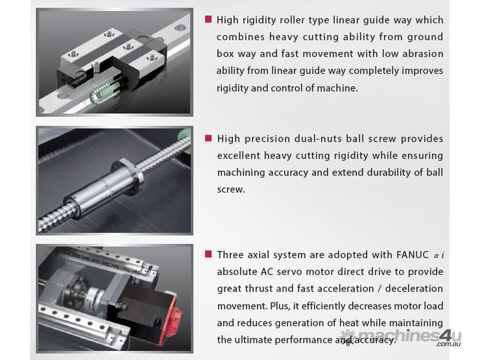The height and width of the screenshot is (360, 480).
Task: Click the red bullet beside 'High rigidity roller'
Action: coord(208,19)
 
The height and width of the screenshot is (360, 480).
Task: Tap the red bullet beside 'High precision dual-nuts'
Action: coord(208,138)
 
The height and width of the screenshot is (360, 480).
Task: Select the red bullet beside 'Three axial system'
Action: coord(208,254)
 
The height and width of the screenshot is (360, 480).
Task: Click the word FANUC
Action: coord(412,255)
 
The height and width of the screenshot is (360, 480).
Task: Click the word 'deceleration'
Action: coord(414,288)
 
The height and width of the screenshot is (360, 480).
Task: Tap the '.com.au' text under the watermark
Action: coord(449,344)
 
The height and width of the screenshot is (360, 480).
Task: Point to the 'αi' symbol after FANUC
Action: coord(439,255)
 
